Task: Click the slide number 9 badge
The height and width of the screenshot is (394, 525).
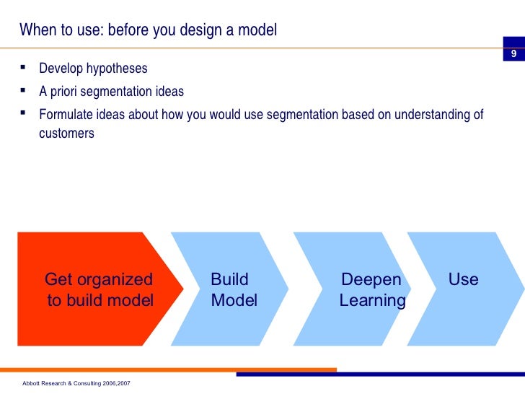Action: (513, 55)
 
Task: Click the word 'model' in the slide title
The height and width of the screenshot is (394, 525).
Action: (258, 30)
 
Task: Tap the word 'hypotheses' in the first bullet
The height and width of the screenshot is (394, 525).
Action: (117, 69)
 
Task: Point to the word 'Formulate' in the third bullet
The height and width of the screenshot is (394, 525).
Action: (65, 115)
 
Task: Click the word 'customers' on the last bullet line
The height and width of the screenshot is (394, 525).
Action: (66, 133)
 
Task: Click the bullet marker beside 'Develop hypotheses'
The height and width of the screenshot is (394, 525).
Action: (24, 69)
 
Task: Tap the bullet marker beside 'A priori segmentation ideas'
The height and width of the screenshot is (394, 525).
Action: (24, 92)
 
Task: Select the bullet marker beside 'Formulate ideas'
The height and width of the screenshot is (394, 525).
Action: (24, 114)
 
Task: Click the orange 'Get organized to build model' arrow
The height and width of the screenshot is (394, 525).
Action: (94, 289)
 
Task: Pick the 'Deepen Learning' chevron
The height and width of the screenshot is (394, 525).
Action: (353, 289)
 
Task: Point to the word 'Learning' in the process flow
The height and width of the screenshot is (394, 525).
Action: (372, 301)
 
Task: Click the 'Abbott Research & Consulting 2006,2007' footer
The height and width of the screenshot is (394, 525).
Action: (76, 383)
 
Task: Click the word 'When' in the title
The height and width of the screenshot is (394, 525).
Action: (35, 30)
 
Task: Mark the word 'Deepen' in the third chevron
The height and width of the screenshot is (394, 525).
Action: (371, 280)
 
